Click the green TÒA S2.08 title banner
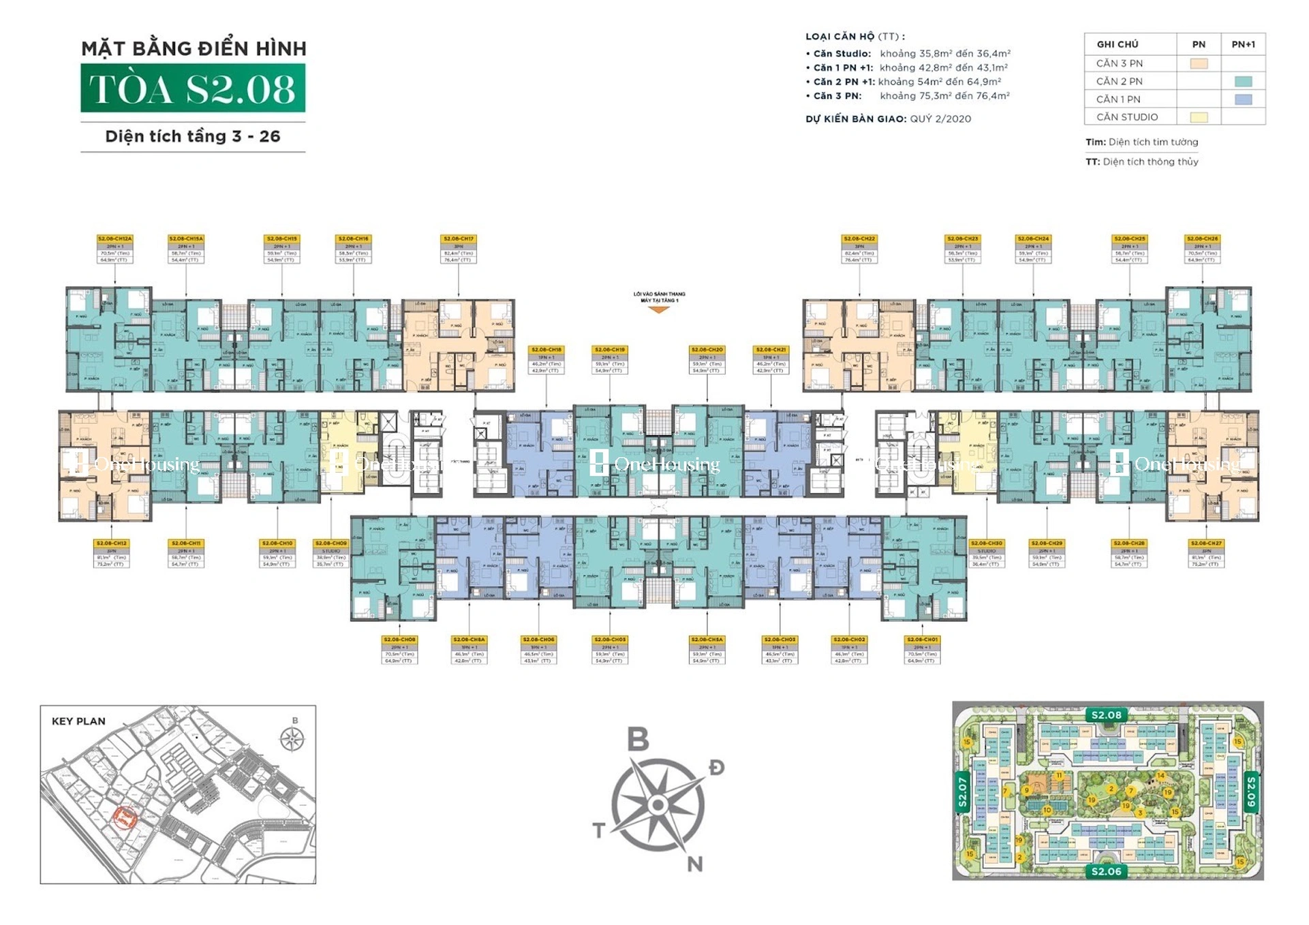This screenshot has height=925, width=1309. [193, 89]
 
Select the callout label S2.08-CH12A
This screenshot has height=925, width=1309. [114, 249]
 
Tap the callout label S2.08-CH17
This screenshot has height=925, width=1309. [459, 249]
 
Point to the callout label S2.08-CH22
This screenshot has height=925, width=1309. [859, 249]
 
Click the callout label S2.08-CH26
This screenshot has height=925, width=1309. [1202, 249]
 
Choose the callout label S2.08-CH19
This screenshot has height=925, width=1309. [609, 360]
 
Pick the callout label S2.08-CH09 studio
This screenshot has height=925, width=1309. [331, 554]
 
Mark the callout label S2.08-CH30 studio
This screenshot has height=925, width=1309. [987, 554]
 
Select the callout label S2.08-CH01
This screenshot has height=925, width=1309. [923, 650]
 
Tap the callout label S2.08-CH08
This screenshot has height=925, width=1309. [399, 650]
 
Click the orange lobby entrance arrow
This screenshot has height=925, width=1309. [658, 310]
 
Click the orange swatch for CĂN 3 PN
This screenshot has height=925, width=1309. [1199, 63]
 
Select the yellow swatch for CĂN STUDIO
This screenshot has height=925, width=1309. [1199, 117]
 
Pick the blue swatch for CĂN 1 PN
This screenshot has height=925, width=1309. [1243, 99]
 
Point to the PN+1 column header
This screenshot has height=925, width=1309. [1243, 44]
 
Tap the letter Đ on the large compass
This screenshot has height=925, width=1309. [716, 768]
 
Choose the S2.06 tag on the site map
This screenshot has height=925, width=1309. [1106, 871]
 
